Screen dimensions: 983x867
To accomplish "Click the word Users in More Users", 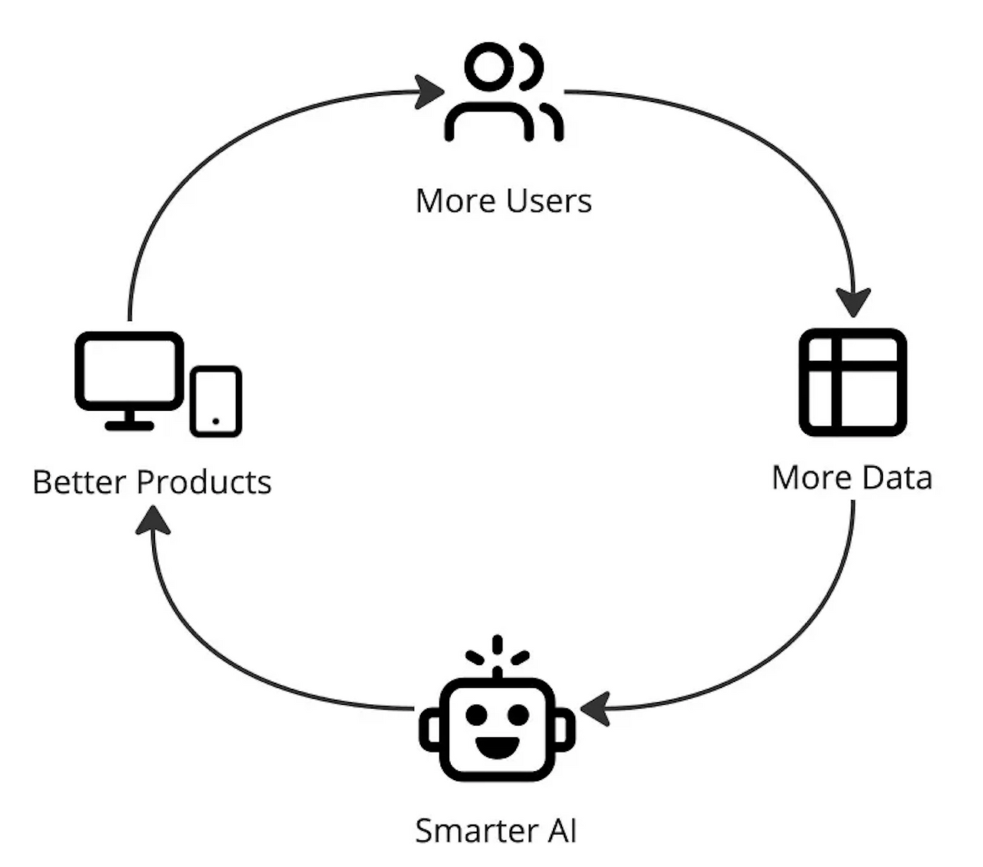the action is [x=548, y=201].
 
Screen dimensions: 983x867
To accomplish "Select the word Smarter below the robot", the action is [x=477, y=831].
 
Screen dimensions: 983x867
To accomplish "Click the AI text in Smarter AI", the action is [x=562, y=831].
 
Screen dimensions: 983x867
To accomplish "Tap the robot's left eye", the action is [x=476, y=715].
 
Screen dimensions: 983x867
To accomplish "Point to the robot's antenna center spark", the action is [x=497, y=645].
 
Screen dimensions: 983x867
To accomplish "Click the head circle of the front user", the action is [x=488, y=67].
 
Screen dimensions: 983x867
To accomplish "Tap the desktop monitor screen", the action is [x=130, y=371].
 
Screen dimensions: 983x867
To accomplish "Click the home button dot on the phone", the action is [x=216, y=421].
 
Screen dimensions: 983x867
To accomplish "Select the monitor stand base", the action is [x=130, y=426].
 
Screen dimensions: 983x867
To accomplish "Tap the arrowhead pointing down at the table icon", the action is [x=853, y=303].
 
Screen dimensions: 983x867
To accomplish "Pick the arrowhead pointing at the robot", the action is [x=595, y=710].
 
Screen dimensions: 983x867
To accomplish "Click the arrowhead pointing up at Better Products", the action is [x=153, y=520].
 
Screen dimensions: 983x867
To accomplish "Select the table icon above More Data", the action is [x=853, y=382].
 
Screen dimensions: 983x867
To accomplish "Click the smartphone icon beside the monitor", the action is [x=216, y=401].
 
